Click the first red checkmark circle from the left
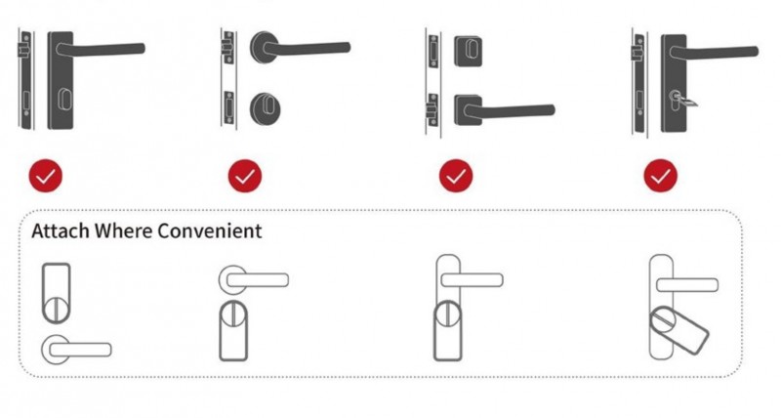pyautogui.click(x=45, y=176)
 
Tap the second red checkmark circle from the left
pyautogui.click(x=245, y=176)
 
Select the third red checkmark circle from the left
pyautogui.click(x=456, y=176)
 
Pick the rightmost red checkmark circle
pyautogui.click(x=661, y=176)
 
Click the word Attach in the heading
pyautogui.click(x=61, y=231)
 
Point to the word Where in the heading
pyautogui.click(x=124, y=231)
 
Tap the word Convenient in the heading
pyautogui.click(x=209, y=231)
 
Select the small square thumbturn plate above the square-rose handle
pyautogui.click(x=469, y=51)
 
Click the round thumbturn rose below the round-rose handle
pyautogui.click(x=265, y=108)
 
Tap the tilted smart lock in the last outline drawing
pyautogui.click(x=679, y=330)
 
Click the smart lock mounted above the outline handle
pyautogui.click(x=56, y=293)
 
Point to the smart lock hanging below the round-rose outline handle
pyautogui.click(x=233, y=330)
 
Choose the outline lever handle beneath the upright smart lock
pyautogui.click(x=76, y=350)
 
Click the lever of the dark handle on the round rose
pyautogui.click(x=308, y=48)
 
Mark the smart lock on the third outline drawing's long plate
pyautogui.click(x=448, y=330)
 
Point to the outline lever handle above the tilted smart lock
pyautogui.click(x=687, y=285)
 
